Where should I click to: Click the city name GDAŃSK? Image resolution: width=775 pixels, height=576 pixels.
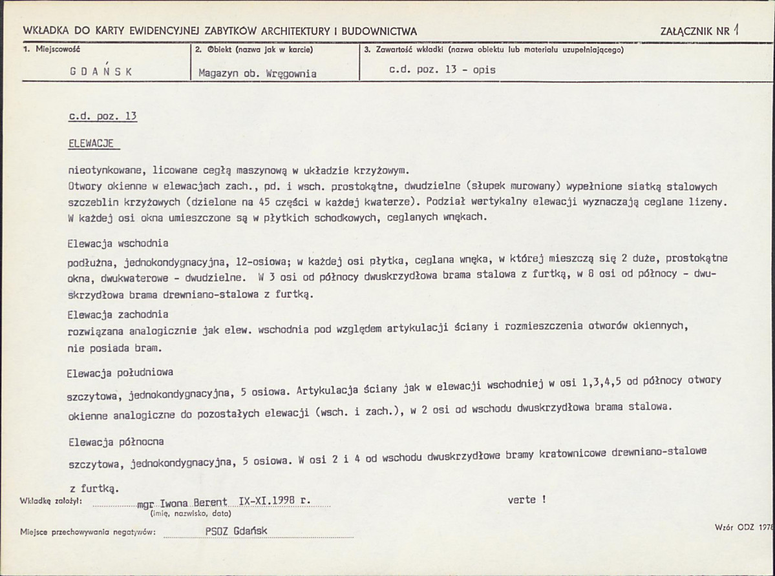101,72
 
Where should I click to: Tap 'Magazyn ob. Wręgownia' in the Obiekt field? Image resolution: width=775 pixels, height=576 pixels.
257,73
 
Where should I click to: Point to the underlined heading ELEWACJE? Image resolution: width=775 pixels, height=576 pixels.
91,144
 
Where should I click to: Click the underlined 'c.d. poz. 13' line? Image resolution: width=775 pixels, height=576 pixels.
103,117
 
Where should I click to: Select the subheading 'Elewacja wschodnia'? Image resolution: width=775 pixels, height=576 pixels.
118,243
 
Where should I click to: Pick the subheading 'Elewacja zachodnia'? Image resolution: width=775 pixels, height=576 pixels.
118,314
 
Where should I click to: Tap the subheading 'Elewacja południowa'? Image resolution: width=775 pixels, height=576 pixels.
120,373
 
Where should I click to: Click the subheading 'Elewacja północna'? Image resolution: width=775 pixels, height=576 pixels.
116,442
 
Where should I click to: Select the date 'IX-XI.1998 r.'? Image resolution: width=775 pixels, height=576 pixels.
275,500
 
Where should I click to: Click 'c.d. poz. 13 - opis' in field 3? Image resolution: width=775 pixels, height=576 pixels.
442,70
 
